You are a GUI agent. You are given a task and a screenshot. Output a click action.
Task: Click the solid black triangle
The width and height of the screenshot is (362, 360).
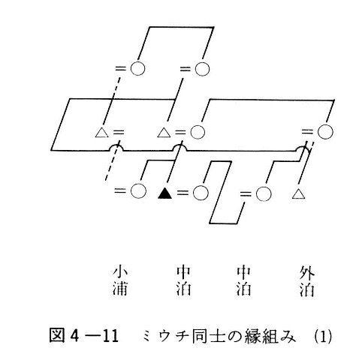(x=165, y=193)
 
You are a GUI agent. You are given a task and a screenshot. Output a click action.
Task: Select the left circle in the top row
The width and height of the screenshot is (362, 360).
(x=137, y=68)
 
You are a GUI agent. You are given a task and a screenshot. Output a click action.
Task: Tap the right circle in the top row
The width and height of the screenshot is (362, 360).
(x=202, y=68)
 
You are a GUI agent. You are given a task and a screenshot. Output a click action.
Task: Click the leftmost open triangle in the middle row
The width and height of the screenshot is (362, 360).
(x=102, y=132)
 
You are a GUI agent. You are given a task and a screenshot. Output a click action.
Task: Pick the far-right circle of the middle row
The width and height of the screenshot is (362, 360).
(x=325, y=131)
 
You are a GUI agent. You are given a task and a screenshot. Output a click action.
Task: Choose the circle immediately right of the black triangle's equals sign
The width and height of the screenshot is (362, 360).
(x=201, y=193)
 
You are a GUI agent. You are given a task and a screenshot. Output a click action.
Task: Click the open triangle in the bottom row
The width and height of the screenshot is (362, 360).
(x=299, y=194)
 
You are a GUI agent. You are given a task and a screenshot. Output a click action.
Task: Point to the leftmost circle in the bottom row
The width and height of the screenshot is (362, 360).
(x=138, y=191)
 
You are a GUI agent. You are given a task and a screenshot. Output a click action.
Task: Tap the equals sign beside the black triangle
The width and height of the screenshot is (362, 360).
(x=183, y=193)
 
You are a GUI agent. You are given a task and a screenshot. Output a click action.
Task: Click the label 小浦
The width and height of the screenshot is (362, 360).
(x=120, y=281)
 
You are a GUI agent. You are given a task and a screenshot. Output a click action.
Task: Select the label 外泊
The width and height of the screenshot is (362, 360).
(x=307, y=281)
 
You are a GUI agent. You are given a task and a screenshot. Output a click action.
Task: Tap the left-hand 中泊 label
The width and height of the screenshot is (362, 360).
(x=183, y=281)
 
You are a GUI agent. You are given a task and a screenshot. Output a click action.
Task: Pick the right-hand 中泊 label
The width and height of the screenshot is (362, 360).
(x=244, y=281)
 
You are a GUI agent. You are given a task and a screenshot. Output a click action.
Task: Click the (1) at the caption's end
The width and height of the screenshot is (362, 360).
(x=323, y=337)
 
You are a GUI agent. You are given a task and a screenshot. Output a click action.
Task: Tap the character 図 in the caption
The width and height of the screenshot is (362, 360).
(x=57, y=336)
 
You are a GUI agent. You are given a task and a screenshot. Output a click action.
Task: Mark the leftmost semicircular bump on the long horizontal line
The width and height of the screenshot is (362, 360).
(x=116, y=148)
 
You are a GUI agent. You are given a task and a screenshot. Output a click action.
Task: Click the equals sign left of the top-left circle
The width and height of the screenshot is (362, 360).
(x=120, y=68)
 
